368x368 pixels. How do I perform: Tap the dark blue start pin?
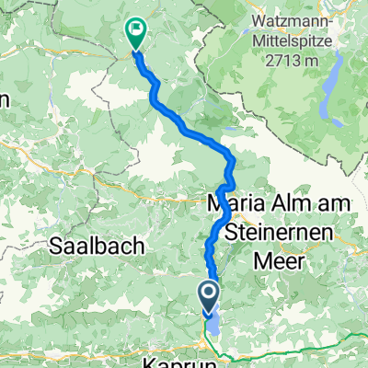click(208, 295)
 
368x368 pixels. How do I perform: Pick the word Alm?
click(283, 201)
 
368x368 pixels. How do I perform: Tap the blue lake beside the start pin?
click(216, 321)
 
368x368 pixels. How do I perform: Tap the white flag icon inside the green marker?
click(137, 29)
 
